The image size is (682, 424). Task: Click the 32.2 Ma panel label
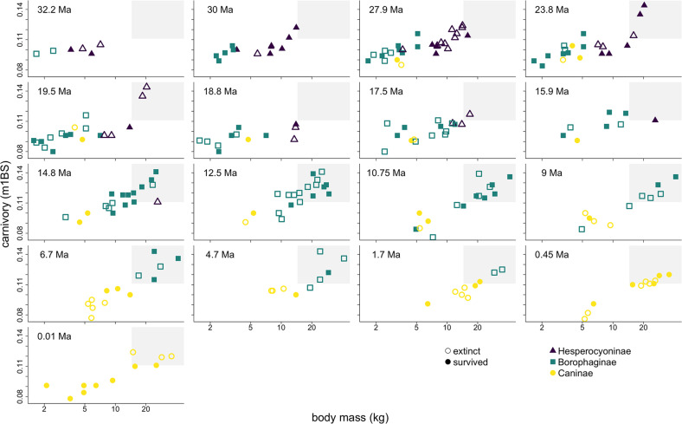(52, 10)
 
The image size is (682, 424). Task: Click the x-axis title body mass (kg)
(348, 416)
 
